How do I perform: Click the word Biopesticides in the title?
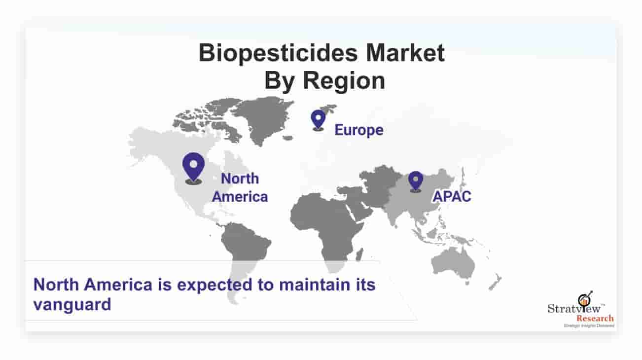pos(278,54)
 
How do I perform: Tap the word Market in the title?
pos(405,53)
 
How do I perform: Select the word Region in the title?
pos(344,81)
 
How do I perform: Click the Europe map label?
pos(359,130)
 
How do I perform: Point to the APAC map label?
pos(452,197)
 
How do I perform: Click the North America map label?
pos(240,187)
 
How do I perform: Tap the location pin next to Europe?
pos(318,120)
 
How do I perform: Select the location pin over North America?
pos(193,168)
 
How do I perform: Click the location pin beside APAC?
pos(416,181)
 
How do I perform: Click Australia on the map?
pos(453,264)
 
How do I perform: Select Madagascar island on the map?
pos(359,254)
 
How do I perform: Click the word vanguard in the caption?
pos(72,305)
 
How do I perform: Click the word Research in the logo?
pos(595,318)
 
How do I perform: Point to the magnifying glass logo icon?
pos(585,299)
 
